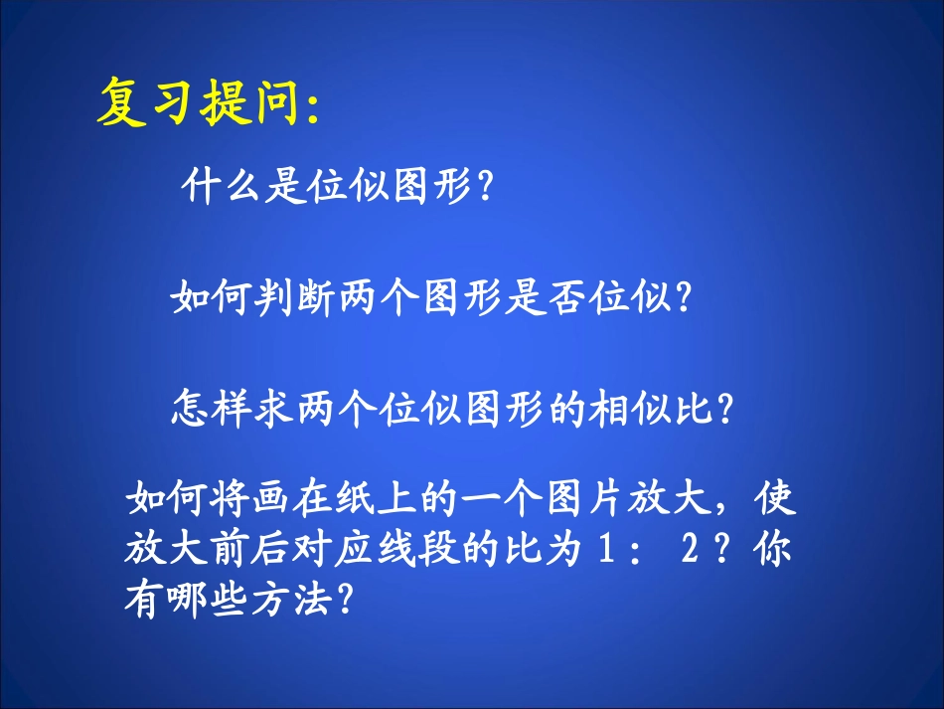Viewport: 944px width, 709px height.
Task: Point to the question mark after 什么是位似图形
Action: coord(485,186)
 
